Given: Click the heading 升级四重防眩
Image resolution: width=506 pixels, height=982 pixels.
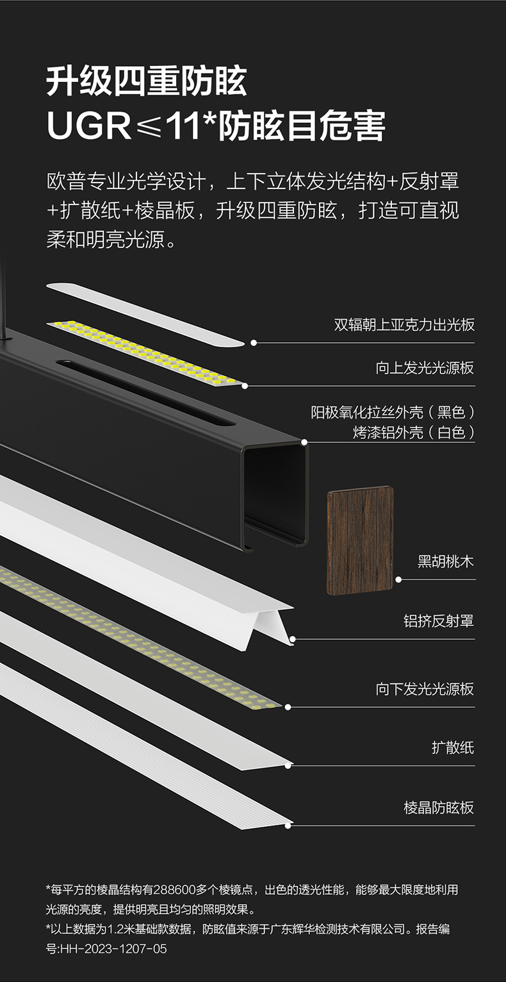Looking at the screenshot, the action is coord(147,81).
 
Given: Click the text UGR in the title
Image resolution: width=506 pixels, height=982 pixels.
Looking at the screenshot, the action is coord(88,126).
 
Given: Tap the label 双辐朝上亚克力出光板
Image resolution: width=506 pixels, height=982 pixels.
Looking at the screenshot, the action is coord(404,324).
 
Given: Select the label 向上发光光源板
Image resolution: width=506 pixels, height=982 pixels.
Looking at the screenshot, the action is coord(425,368).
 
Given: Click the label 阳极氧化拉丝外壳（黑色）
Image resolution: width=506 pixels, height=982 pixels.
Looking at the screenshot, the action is coord(393,412).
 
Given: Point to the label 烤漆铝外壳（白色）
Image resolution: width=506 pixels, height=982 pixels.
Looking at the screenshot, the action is coord(413,433).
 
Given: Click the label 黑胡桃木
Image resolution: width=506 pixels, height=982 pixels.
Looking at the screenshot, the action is coord(445,562).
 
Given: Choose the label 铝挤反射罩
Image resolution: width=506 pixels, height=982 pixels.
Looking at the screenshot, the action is coord(438,620).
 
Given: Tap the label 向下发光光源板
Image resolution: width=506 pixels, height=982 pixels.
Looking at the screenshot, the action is coord(425,689).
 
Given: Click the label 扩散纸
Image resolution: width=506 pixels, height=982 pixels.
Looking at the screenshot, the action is coord(452,747).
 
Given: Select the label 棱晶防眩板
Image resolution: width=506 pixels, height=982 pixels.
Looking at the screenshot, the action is coord(438,808).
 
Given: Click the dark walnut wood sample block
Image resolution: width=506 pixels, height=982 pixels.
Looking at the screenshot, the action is coord(360,540).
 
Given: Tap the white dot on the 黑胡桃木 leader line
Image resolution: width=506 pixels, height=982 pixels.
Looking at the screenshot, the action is coord(398,579).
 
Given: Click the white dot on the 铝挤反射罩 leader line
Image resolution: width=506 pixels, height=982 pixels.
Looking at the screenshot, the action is coord(292,639).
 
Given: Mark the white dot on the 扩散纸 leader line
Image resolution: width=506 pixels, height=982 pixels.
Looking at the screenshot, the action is coord(288,765).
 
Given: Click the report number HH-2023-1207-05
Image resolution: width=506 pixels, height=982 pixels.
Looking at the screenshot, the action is coord(113,949).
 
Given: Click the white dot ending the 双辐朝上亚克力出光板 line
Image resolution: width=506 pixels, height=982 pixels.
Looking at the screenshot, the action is coord(254,343).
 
